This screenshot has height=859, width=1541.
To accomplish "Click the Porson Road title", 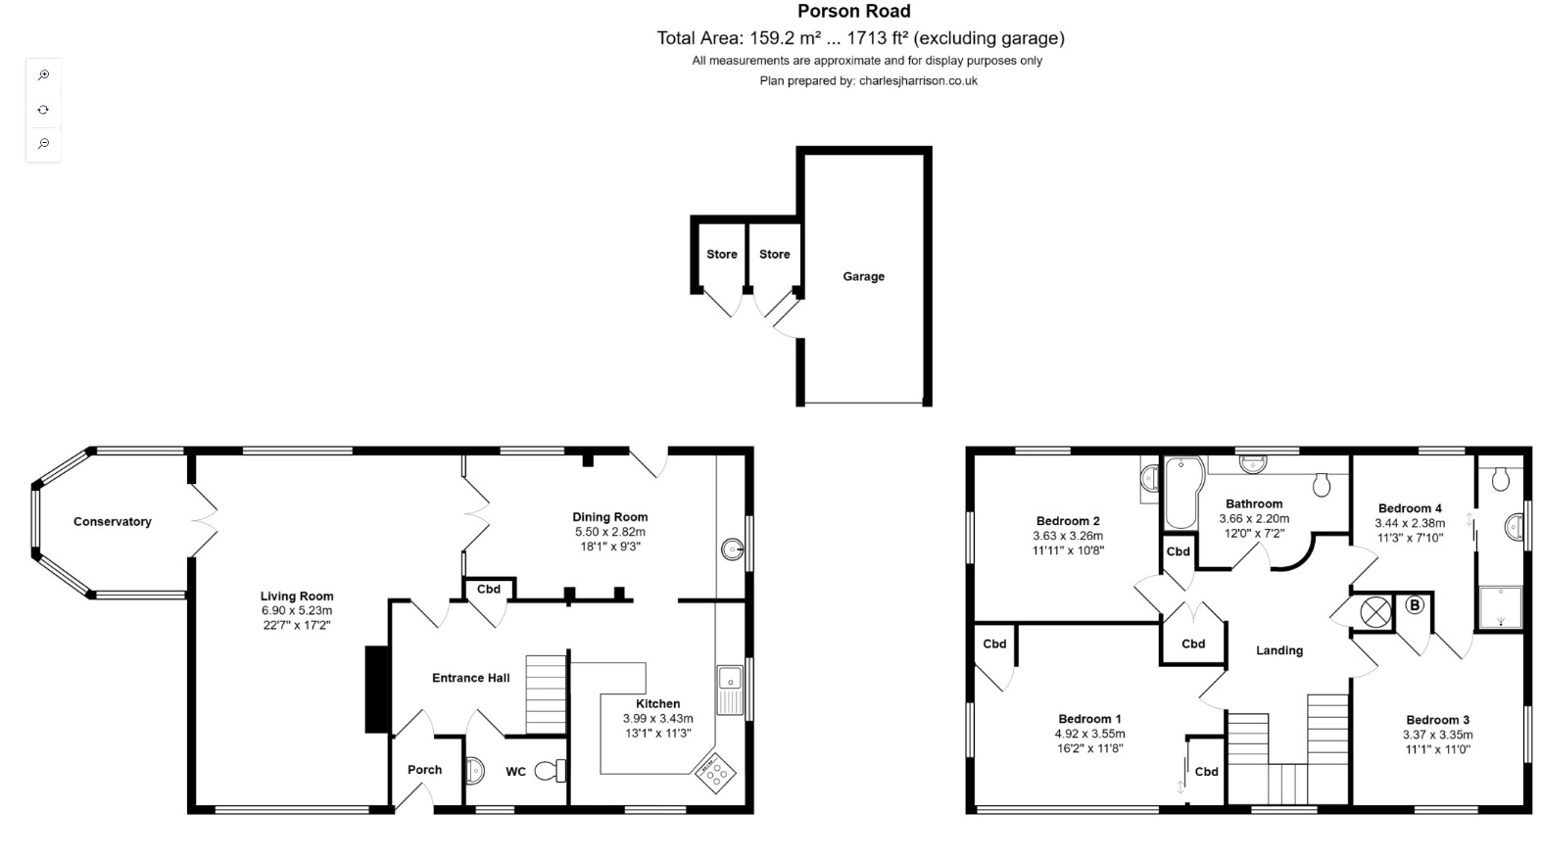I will [853, 12].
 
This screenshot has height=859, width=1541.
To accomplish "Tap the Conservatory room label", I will [113, 522].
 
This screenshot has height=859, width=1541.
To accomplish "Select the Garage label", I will [863, 277].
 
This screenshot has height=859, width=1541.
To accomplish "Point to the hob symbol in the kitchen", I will [715, 773].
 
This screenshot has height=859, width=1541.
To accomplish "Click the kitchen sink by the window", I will [729, 678].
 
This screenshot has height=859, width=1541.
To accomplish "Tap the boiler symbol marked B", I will [1414, 605].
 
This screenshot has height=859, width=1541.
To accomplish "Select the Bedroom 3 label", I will [1437, 720].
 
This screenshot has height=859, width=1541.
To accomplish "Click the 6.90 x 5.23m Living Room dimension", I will [297, 610].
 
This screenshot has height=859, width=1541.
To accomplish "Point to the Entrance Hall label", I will [471, 678].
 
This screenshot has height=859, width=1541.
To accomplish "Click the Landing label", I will [1279, 650].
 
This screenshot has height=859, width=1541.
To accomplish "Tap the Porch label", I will [424, 770].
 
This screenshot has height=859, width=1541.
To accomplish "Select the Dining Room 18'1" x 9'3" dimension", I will [609, 547].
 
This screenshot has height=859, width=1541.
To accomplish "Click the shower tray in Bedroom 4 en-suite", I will [1500, 607].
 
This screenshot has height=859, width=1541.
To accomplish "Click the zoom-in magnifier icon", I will [43, 75].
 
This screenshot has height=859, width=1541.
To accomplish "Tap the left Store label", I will [722, 255].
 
